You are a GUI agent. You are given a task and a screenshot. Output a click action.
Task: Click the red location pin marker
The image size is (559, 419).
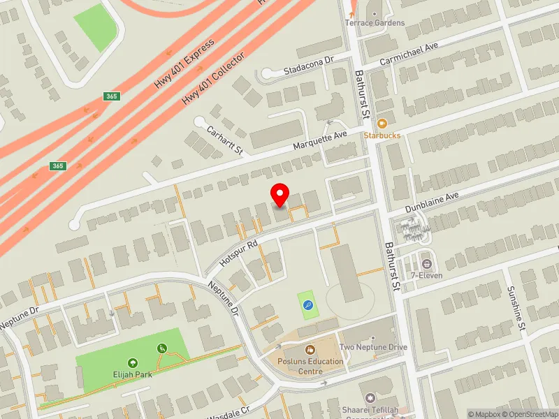(280, 195)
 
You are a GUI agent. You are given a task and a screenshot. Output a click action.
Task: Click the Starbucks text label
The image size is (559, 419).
(382, 134)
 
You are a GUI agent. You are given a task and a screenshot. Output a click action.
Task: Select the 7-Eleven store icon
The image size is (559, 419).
(427, 264)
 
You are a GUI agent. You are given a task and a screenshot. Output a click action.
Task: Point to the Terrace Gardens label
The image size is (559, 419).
(375, 22)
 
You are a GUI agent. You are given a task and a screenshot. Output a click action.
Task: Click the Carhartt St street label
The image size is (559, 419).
(224, 140)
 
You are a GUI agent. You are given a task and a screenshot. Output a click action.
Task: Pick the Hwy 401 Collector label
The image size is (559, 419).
(213, 78)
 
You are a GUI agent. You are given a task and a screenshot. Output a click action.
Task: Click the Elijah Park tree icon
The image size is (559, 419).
(133, 362)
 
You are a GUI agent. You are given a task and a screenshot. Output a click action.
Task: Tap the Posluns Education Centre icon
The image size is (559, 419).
(310, 349)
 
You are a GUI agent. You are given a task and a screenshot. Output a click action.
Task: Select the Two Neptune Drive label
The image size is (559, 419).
(372, 347)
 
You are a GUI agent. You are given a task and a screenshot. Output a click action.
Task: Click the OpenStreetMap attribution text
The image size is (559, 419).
(528, 414)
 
